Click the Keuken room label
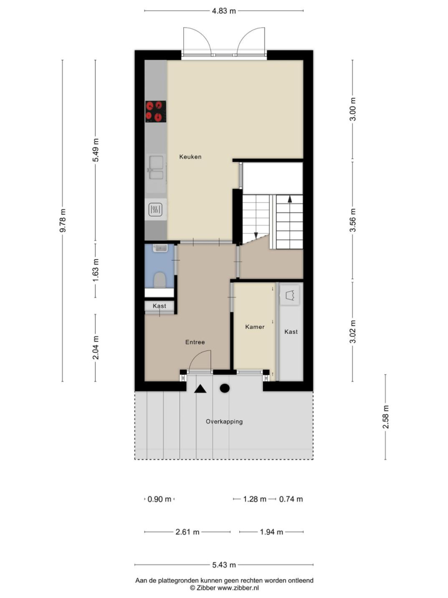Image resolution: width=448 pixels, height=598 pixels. click(x=190, y=157)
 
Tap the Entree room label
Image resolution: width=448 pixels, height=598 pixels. click(x=195, y=342)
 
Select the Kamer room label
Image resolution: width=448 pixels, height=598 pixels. click(x=255, y=327)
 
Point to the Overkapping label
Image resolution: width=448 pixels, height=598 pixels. click(x=224, y=421)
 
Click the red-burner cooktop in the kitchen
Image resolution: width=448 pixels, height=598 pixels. click(x=156, y=111)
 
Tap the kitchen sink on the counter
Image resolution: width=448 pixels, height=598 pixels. click(x=156, y=167)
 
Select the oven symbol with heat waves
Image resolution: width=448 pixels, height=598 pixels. click(x=156, y=210)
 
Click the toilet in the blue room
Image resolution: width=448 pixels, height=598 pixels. click(x=159, y=280)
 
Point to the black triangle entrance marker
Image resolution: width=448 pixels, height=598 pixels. click(x=200, y=389)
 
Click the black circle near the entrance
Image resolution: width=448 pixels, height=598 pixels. click(x=225, y=388)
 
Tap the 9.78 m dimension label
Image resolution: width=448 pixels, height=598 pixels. click(x=63, y=220)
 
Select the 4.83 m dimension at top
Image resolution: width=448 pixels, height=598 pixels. click(x=224, y=11)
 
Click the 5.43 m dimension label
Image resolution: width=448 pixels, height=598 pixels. click(x=224, y=565)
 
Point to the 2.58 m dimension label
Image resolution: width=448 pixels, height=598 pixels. click(x=386, y=417)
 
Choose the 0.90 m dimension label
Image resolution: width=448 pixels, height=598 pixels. click(x=159, y=499)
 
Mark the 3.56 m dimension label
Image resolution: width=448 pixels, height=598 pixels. click(x=353, y=220)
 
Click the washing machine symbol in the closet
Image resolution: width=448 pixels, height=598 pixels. click(x=290, y=295)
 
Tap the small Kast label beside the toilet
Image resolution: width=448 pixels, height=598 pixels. click(x=159, y=306)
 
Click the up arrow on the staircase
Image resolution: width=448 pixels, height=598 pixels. click(x=290, y=199)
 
